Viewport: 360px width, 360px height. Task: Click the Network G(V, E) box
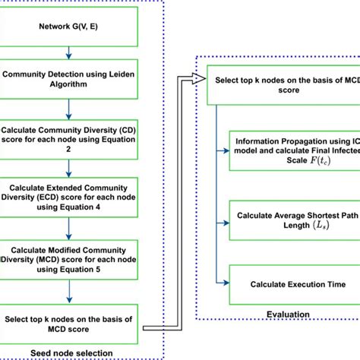[69, 27]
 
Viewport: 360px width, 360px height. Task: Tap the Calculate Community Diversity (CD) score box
[69, 135]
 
